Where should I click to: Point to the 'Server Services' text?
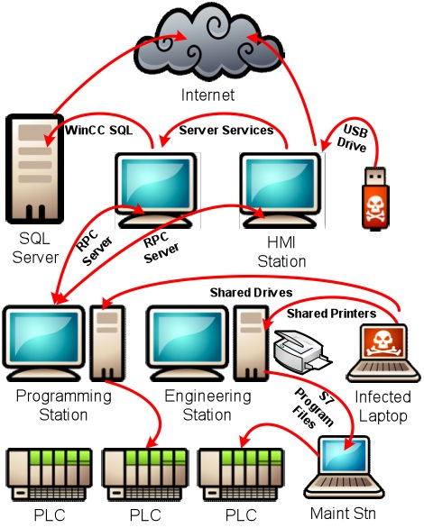[x=226, y=131]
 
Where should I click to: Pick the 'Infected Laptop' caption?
[x=383, y=405]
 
